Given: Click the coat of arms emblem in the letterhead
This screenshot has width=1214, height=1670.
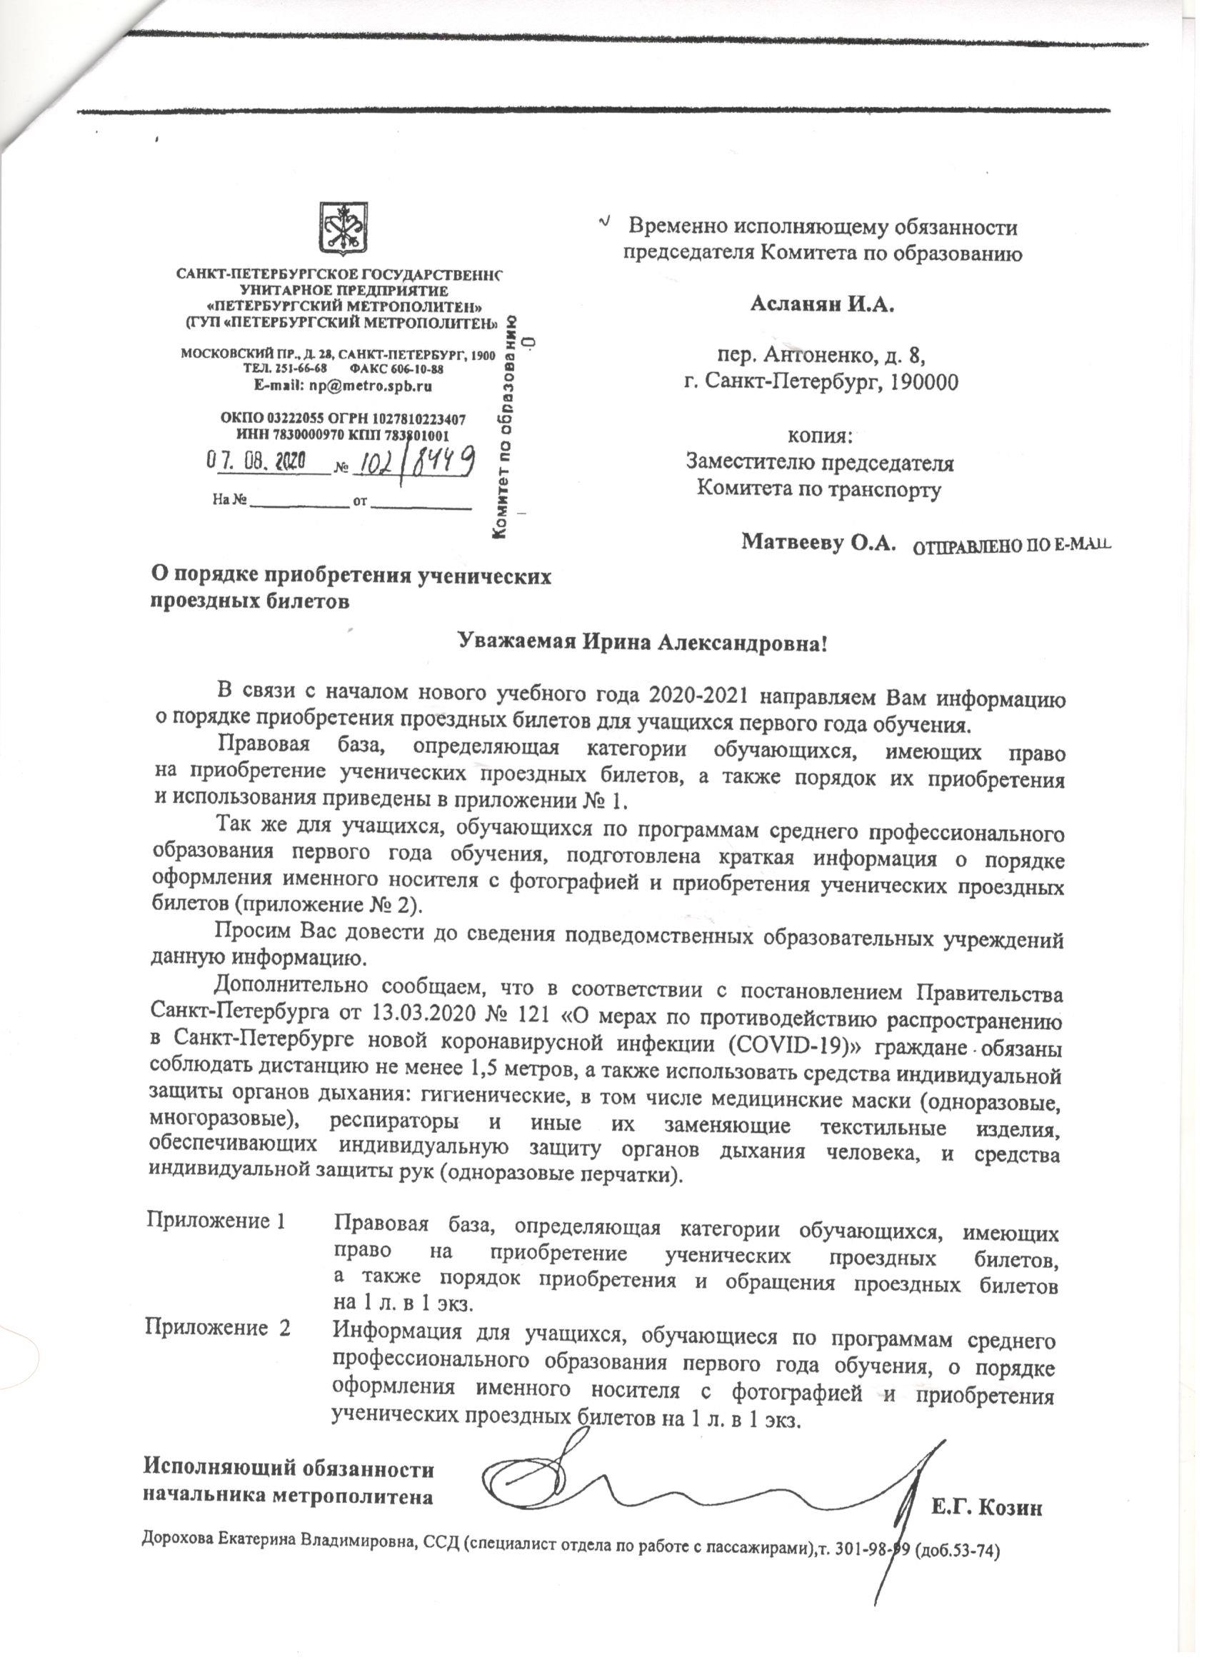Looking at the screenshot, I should tap(343, 228).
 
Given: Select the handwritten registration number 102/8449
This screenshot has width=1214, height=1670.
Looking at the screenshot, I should tap(414, 463).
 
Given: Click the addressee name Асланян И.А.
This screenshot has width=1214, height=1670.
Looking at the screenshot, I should tap(822, 304).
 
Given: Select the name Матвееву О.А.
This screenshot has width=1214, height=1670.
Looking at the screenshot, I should tap(818, 543).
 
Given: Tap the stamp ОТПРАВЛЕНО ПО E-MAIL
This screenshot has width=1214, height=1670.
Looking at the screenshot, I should tap(1010, 546).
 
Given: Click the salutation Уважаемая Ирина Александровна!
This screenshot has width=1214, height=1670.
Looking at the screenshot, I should tap(643, 642).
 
